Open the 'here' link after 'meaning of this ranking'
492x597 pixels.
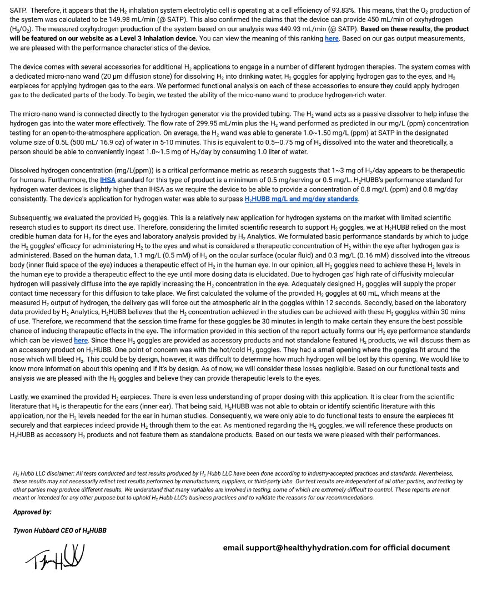tap(332, 39)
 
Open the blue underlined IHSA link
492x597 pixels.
tap(108, 180)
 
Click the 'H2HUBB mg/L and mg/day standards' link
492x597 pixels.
tap(301, 199)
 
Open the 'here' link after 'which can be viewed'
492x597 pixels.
tap(81, 340)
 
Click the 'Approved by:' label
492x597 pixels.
tap(32, 512)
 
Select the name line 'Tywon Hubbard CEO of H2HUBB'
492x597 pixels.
tap(60, 530)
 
